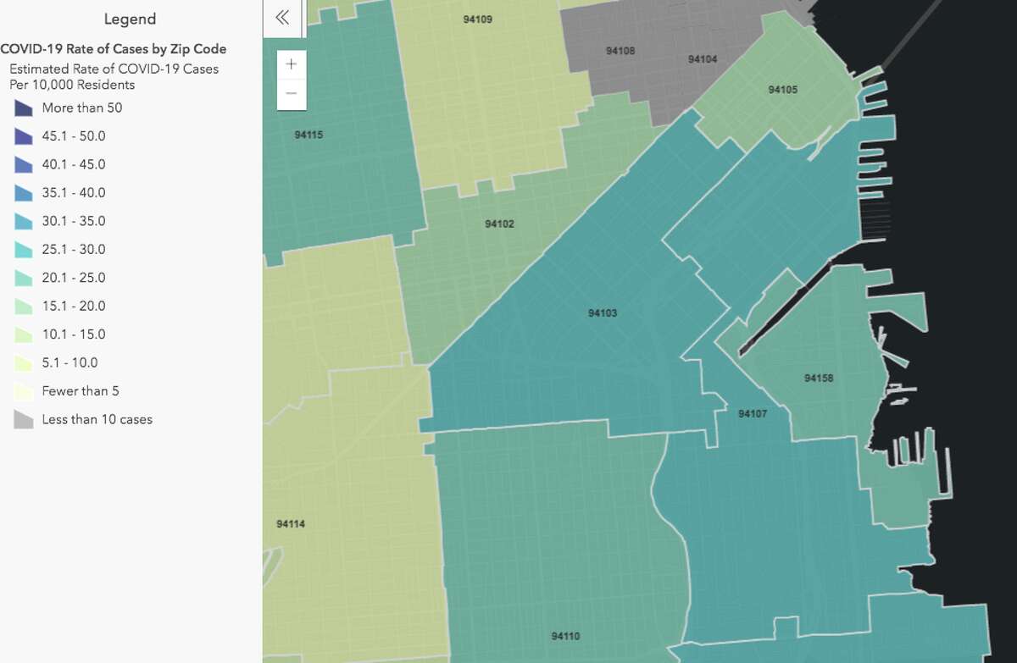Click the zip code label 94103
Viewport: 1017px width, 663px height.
tap(603, 313)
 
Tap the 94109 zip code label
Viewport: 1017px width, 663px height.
tap(478, 19)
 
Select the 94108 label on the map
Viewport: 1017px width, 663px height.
tap(620, 51)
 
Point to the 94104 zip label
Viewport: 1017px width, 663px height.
tap(703, 59)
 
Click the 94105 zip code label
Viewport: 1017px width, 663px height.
tap(782, 90)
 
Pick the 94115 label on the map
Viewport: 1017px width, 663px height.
tap(308, 135)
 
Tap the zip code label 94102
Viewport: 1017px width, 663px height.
tap(499, 224)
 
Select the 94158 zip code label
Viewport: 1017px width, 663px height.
tap(819, 378)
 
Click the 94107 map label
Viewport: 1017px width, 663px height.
tap(752, 414)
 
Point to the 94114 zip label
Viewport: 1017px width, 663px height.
tap(291, 524)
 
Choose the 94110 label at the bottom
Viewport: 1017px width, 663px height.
tap(565, 636)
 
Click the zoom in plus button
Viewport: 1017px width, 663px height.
tap(292, 64)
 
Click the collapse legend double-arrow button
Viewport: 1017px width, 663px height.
tap(283, 18)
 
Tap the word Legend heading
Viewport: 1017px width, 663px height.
tap(130, 19)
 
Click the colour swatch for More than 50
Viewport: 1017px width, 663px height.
tap(23, 108)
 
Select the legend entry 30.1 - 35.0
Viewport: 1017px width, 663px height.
tap(73, 221)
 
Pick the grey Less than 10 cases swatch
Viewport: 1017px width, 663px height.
tap(23, 419)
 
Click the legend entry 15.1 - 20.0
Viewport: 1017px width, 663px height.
tap(73, 306)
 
